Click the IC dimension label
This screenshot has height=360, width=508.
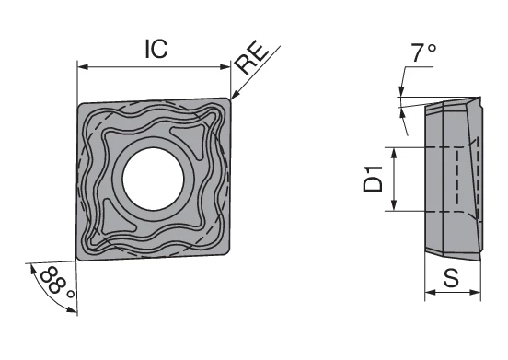(156, 49)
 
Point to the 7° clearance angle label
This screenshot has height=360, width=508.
(423, 52)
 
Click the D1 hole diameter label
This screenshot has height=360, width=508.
(373, 179)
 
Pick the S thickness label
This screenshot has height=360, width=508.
(451, 278)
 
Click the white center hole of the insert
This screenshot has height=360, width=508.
(153, 179)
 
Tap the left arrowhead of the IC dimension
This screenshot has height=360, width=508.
(83, 66)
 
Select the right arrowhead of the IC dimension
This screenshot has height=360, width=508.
(225, 66)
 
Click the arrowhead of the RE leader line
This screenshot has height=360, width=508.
(235, 94)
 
